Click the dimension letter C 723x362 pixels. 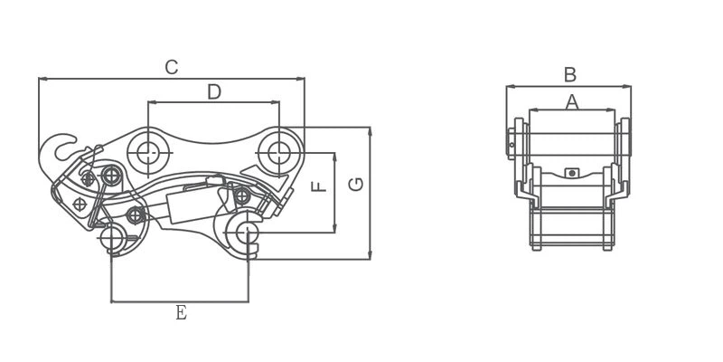[171, 67]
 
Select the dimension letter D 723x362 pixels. [214, 91]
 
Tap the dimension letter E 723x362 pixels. [181, 313]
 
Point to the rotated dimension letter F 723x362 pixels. [318, 187]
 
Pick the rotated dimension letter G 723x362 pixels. [357, 185]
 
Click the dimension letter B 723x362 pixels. [569, 75]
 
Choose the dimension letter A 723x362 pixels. [571, 102]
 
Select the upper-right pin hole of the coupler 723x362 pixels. [279, 150]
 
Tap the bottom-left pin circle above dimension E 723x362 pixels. [112, 238]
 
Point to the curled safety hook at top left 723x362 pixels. [63, 145]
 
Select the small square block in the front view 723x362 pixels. [571, 172]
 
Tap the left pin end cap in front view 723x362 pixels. [512, 141]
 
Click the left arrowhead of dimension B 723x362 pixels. [509, 87]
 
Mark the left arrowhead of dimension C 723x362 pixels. [42, 79]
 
